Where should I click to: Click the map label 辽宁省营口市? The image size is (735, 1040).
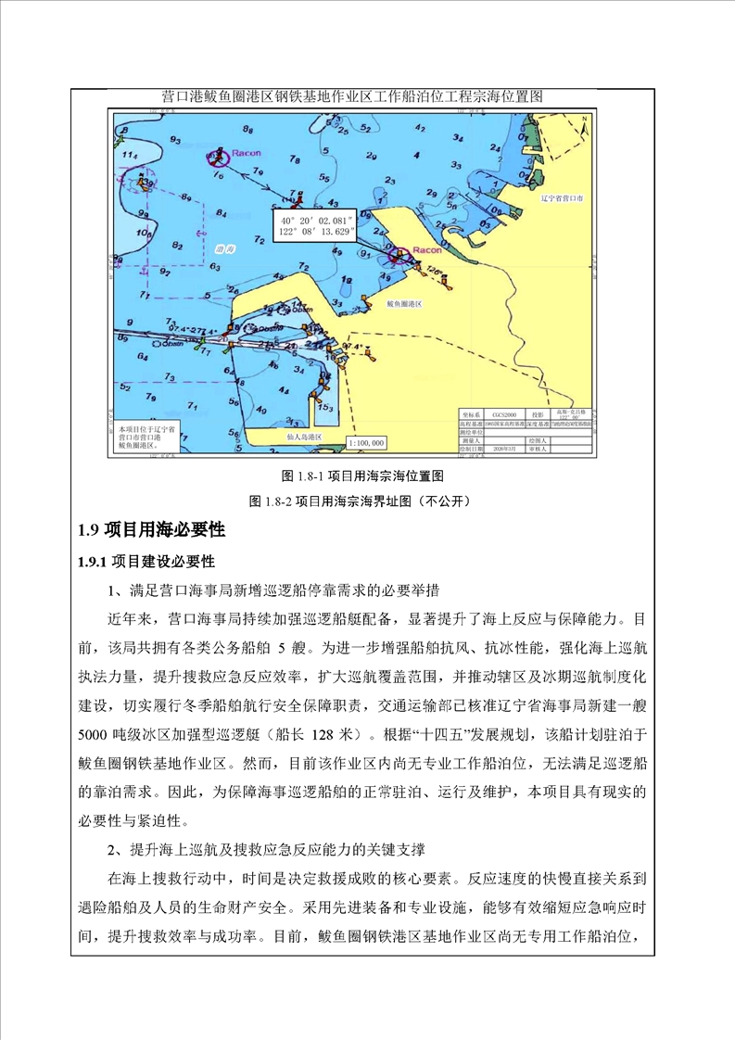coord(566,197)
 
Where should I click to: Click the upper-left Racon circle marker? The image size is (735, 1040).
coord(220,155)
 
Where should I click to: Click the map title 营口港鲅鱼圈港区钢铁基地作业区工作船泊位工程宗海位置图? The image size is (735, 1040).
coord(351,96)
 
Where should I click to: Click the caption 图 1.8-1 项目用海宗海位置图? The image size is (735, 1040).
coord(363,476)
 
